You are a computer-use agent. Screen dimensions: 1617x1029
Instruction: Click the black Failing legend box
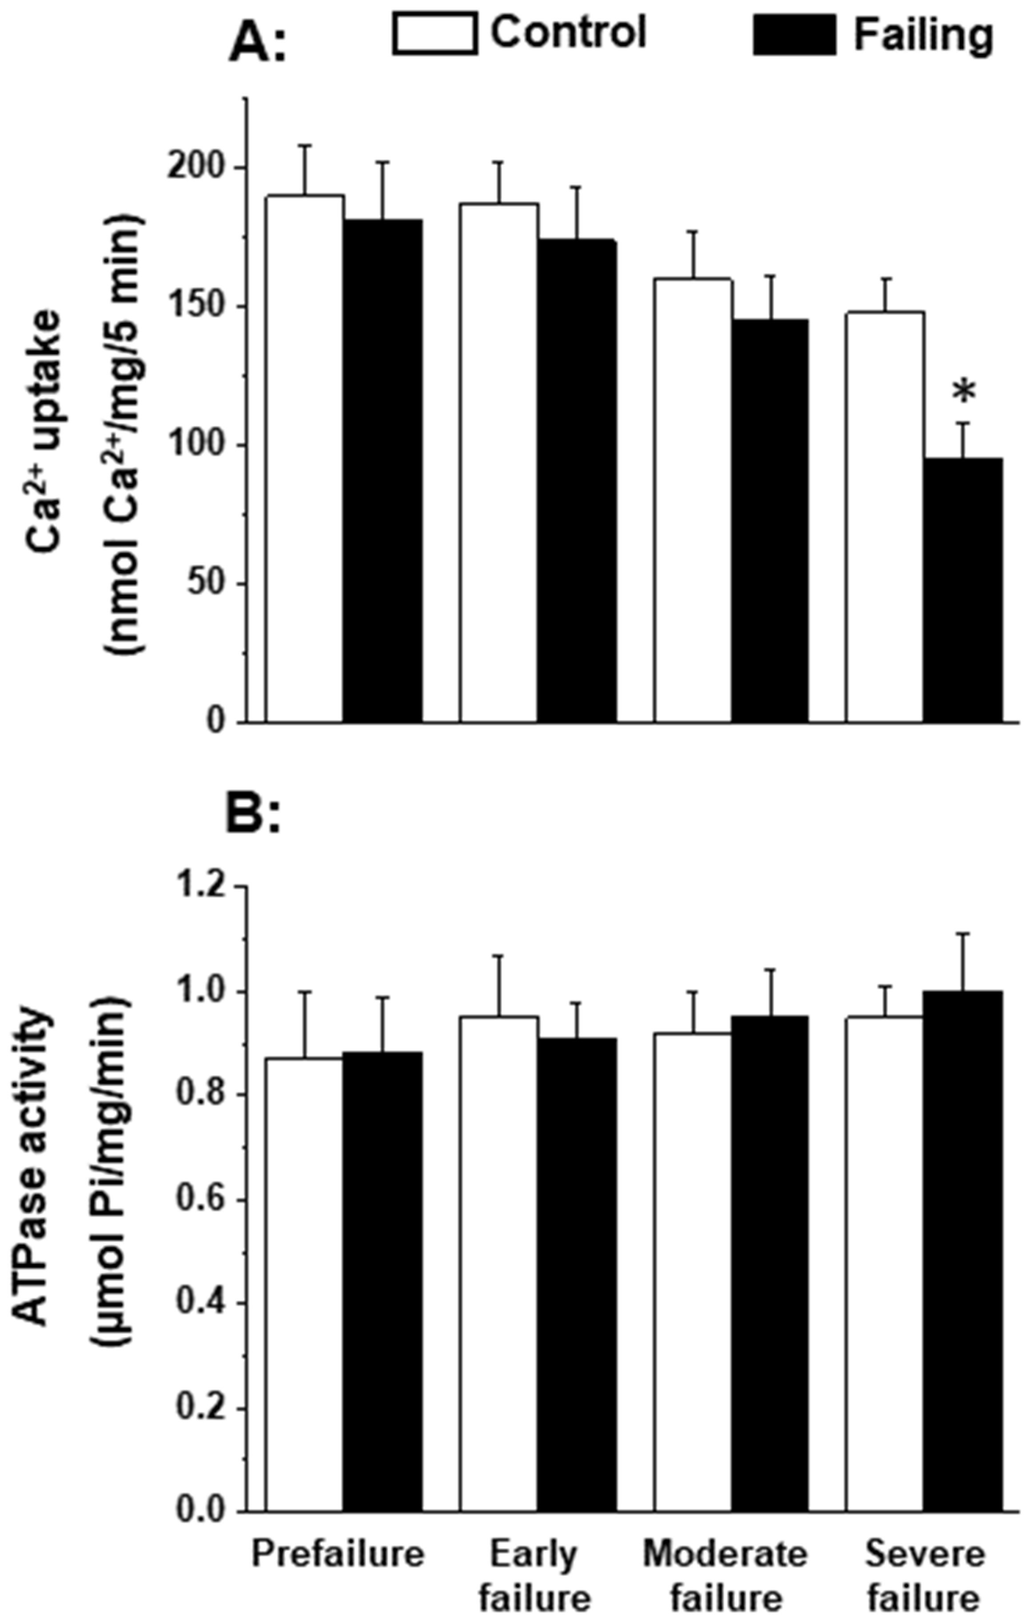795,34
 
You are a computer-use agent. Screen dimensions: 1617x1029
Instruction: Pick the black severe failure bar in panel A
963,591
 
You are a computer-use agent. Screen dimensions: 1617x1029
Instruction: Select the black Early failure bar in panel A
577,480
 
